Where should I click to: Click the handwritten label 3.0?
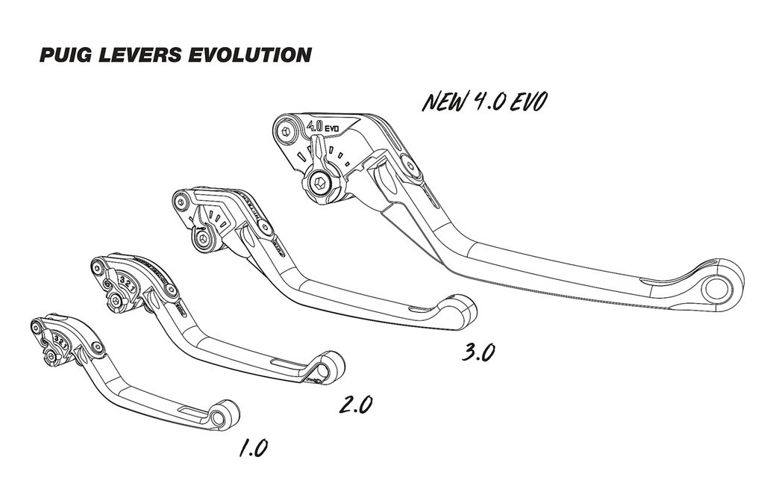pos(478,352)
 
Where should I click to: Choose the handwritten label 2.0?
pos(355,405)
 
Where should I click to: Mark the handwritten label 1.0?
pos(253,448)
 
